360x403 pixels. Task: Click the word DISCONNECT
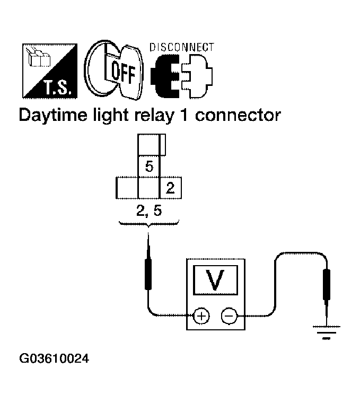point(182,47)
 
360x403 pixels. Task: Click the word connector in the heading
point(237,115)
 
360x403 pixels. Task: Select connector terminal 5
point(149,167)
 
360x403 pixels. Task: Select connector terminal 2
point(170,188)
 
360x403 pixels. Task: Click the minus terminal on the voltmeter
point(229,316)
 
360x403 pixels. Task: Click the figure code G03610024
point(54,358)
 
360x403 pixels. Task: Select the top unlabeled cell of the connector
point(152,144)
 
